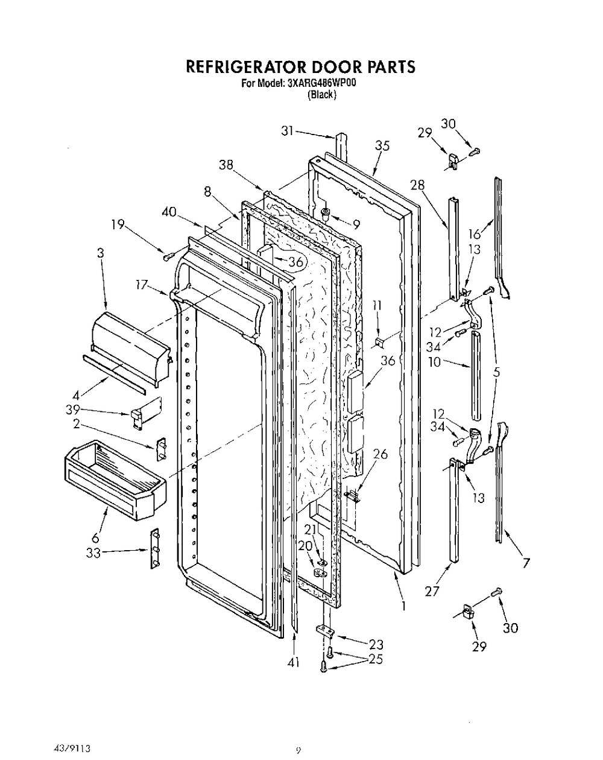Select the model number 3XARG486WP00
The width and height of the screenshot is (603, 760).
(x=321, y=83)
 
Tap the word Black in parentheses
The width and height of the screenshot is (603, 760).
(x=321, y=95)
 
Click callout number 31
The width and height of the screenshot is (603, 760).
(x=287, y=131)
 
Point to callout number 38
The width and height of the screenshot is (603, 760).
(x=226, y=165)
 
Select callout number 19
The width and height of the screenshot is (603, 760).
(x=118, y=224)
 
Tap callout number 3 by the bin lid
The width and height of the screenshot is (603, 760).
(x=101, y=253)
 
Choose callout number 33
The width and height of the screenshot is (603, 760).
(x=93, y=553)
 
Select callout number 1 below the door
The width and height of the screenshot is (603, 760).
(x=403, y=606)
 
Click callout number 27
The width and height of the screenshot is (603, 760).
(x=432, y=591)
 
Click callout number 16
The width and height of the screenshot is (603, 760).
(x=475, y=233)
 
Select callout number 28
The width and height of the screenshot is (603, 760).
(x=417, y=185)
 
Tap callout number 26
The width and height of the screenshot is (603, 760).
(x=380, y=454)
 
